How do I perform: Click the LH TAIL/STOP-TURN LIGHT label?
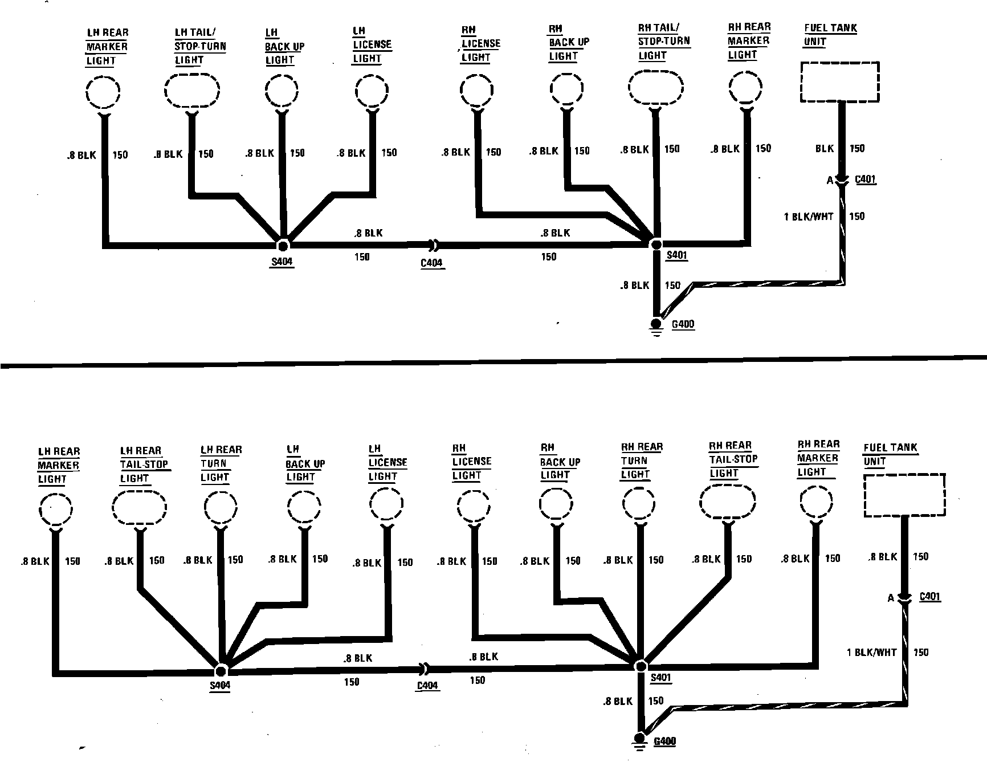point(199,46)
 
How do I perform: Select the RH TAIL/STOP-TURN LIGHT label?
point(663,41)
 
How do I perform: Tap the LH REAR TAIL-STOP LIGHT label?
point(144,465)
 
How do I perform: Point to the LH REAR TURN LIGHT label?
point(221,463)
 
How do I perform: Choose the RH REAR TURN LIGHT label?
point(642,461)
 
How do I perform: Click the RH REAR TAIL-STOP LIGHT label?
point(733,459)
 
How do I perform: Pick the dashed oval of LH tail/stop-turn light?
point(192,91)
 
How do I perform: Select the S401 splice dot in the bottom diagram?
point(641,666)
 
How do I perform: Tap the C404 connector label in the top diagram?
point(432,263)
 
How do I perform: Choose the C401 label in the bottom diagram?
point(930,597)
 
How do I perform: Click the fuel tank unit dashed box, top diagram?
point(839,82)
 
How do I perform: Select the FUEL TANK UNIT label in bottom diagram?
point(890,454)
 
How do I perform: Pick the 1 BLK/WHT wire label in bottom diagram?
point(871,653)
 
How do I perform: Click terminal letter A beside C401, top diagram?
point(830,181)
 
